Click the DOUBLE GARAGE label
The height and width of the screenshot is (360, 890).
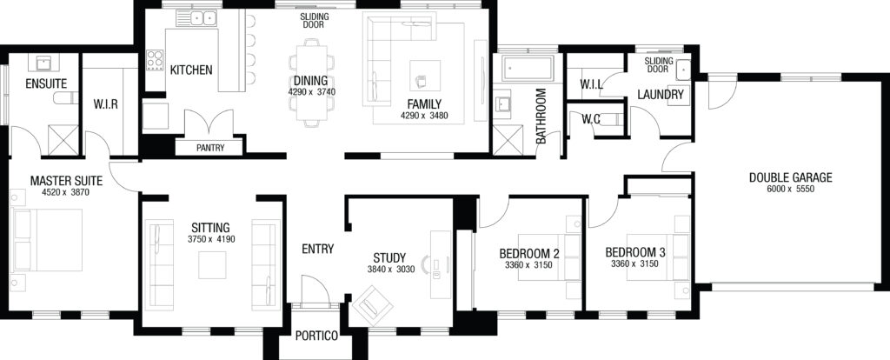click(x=790, y=177)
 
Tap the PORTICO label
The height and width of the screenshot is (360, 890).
click(x=316, y=337)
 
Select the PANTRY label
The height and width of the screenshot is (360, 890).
click(x=210, y=148)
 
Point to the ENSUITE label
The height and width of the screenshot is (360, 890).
click(x=46, y=84)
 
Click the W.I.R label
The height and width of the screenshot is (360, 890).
click(x=105, y=105)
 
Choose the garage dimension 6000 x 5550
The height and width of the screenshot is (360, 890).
click(x=791, y=189)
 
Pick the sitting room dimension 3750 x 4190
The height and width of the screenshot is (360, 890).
click(x=211, y=239)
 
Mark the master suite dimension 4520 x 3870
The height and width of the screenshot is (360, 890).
click(x=66, y=192)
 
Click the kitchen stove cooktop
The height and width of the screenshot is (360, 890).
click(x=155, y=60)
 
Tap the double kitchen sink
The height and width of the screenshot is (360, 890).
click(x=203, y=18)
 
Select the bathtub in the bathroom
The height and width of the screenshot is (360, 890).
click(x=528, y=69)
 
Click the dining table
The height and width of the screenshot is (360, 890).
click(x=312, y=82)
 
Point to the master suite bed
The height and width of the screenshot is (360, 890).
click(x=47, y=240)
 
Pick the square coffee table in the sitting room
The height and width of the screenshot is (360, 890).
click(x=212, y=265)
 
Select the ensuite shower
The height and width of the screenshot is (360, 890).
click(x=63, y=140)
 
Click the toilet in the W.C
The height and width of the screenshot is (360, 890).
click(x=612, y=119)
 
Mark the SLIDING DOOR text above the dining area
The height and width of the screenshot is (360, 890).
click(x=315, y=21)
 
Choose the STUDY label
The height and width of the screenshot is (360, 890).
click(x=389, y=258)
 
